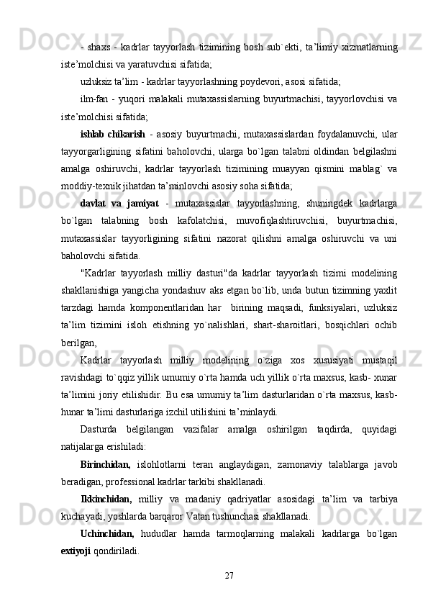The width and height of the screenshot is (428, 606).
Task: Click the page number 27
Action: tap(229, 572)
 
